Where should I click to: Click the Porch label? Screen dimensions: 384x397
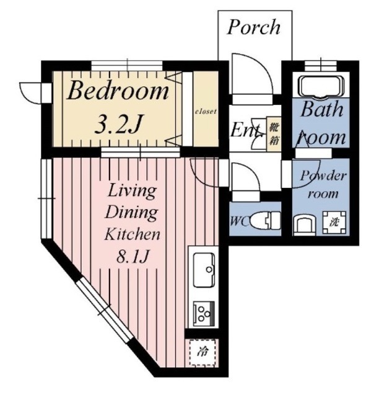tap(254, 27)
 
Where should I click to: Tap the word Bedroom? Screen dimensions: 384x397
tap(118, 91)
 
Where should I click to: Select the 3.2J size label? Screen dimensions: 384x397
tap(118, 124)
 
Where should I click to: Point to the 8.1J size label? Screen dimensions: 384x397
tap(132, 256)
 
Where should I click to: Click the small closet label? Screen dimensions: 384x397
tap(206, 111)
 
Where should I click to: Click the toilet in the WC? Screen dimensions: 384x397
tap(266, 221)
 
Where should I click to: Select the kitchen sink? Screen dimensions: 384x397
tap(204, 270)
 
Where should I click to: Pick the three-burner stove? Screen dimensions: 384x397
tap(204, 314)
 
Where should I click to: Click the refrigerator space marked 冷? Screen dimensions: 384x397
tap(203, 352)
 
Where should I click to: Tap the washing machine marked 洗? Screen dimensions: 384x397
tap(334, 222)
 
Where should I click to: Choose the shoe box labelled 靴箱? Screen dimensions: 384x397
tap(274, 134)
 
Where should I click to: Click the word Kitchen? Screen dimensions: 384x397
tap(132, 234)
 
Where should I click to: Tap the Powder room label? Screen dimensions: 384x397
tap(323, 185)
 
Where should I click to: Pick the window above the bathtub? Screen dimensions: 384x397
tap(321, 66)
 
